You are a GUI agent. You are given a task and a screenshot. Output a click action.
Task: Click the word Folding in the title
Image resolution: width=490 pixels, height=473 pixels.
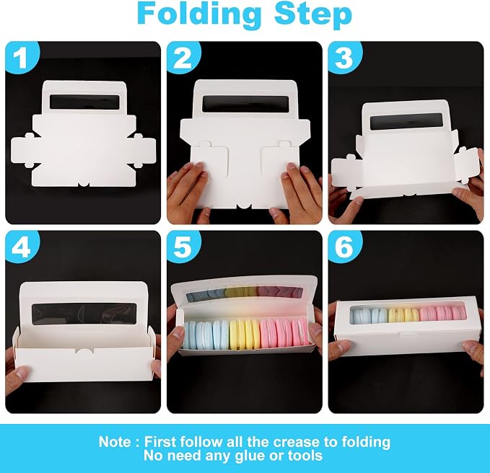(x=198, y=14)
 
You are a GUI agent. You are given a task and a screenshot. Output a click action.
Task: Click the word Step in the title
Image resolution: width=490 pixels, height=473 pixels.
(x=313, y=14)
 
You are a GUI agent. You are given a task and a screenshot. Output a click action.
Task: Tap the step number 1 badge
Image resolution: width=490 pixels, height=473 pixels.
(x=21, y=58)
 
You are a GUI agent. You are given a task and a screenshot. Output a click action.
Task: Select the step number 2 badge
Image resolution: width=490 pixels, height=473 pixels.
(x=183, y=58)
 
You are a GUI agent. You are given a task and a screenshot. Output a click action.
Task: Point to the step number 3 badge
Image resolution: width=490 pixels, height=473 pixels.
(x=344, y=58)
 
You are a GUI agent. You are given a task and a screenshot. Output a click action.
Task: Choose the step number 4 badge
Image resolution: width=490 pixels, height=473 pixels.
(x=21, y=247)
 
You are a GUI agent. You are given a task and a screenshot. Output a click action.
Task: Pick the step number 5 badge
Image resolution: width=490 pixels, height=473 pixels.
(x=183, y=247)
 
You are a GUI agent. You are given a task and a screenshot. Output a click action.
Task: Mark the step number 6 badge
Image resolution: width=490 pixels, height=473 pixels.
(x=344, y=247)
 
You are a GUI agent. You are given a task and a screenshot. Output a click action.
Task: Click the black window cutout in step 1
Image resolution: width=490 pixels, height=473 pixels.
(x=84, y=102)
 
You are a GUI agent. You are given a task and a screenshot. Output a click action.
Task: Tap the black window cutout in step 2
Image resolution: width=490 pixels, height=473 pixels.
(x=245, y=104)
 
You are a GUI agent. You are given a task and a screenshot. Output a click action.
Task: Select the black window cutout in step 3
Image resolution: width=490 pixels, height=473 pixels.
(x=406, y=122)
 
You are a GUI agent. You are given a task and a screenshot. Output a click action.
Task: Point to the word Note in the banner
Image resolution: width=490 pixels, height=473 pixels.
(x=115, y=442)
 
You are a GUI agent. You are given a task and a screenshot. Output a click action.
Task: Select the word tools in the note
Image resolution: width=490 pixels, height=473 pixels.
(x=305, y=456)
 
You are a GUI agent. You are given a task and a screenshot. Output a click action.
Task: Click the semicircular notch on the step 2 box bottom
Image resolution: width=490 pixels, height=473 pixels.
(x=245, y=207)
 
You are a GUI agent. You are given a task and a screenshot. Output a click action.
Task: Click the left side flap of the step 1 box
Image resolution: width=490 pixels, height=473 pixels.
(x=22, y=151)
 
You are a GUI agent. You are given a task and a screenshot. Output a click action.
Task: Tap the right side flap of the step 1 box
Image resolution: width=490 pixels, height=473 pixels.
(x=144, y=151)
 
